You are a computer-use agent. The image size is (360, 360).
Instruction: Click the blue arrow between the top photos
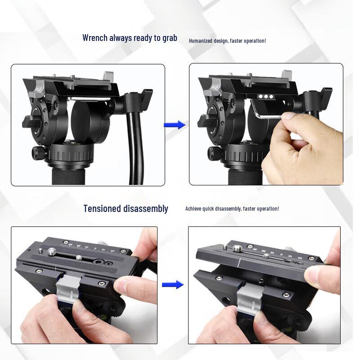[175, 125]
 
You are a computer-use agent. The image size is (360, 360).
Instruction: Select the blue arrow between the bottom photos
[172, 284]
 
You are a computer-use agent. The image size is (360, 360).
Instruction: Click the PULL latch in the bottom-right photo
[247, 299]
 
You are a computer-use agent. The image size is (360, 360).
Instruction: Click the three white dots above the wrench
[265, 96]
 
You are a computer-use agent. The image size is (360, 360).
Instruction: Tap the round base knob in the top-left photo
[39, 153]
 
